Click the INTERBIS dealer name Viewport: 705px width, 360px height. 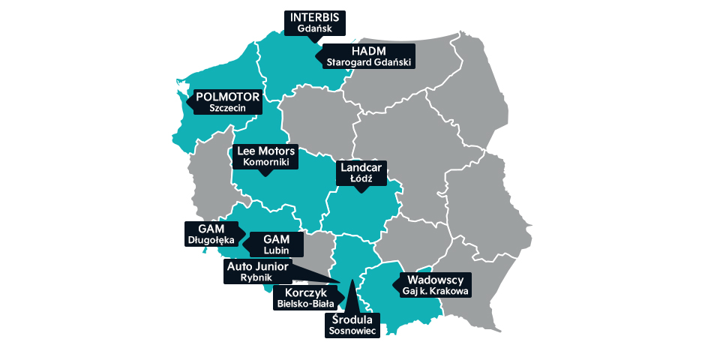pyautogui.click(x=314, y=17)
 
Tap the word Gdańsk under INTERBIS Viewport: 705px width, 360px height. pyautogui.click(x=314, y=28)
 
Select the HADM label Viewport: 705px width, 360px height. pyautogui.click(x=368, y=51)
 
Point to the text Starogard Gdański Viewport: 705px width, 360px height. pyautogui.click(x=368, y=63)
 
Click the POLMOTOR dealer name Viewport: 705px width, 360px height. pyautogui.click(x=227, y=97)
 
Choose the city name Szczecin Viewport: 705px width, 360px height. pyautogui.click(x=227, y=109)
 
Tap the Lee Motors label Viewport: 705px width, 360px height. pyautogui.click(x=266, y=151)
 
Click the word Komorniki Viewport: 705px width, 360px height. pyautogui.click(x=266, y=163)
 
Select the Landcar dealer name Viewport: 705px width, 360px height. pyautogui.click(x=361, y=168)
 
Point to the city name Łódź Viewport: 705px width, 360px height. pyautogui.click(x=361, y=180)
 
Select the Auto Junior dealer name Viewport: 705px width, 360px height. pyautogui.click(x=257, y=266)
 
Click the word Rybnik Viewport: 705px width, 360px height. pyautogui.click(x=257, y=278)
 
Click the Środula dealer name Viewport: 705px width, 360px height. pyautogui.click(x=352, y=320)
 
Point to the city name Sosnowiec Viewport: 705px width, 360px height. pyautogui.click(x=352, y=332)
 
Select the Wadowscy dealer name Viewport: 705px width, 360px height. pyautogui.click(x=434, y=278)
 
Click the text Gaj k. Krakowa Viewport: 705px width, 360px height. pyautogui.click(x=434, y=290)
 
